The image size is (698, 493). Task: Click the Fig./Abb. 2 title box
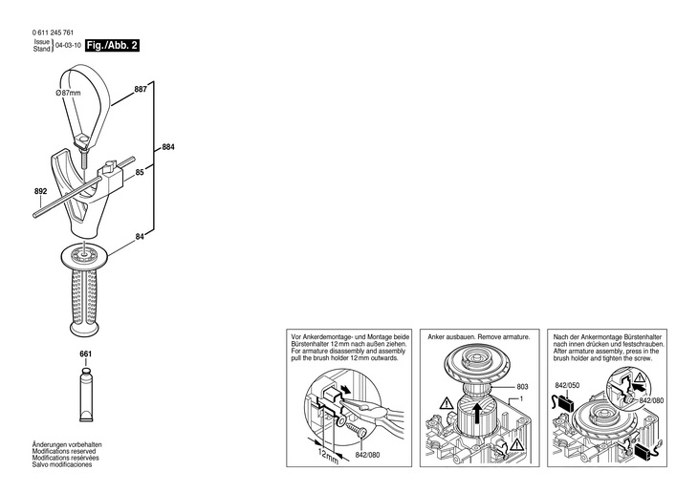112,46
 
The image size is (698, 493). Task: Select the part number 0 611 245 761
53,32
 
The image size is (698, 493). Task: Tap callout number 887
141,89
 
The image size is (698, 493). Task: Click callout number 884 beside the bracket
168,147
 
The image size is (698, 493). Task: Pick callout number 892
40,191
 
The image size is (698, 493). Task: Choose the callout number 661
85,354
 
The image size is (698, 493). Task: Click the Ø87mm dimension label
68,93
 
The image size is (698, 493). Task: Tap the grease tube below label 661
86,396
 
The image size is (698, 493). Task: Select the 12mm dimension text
328,455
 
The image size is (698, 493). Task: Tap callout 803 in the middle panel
522,387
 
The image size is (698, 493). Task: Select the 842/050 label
567,385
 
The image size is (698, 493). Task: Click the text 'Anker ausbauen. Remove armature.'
478,337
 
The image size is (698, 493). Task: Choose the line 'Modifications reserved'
64,451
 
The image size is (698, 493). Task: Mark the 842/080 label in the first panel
368,455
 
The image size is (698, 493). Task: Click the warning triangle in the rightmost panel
640,378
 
